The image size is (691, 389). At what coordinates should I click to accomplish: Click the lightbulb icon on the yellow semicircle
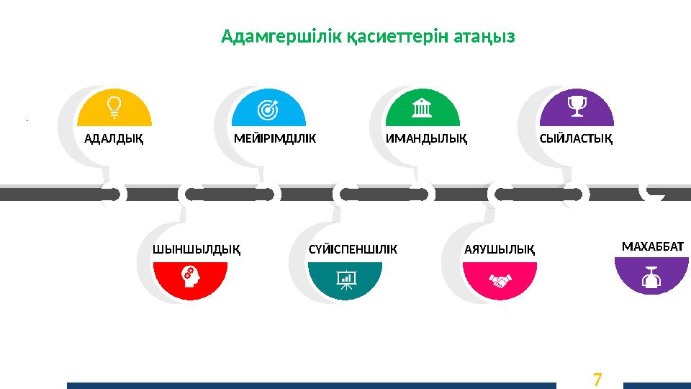point(114,107)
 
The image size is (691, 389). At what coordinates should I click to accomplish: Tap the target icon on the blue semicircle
point(268,109)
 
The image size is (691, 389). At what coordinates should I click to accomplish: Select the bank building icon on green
point(423,108)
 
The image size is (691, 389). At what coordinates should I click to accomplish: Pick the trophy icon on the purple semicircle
point(577,107)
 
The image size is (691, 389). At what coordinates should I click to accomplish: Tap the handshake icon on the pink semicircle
point(500,280)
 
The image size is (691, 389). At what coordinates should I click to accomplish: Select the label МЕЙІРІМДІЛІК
point(276,139)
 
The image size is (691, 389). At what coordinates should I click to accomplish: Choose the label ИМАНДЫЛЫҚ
point(427,139)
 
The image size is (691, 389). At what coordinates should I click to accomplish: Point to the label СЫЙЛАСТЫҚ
point(576,139)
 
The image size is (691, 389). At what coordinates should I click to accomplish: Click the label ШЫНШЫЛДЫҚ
point(197,250)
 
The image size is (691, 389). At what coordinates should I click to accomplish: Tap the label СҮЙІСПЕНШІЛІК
point(353,250)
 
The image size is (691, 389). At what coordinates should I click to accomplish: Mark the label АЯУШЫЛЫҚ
point(500,250)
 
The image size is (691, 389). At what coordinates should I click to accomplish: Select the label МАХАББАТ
point(652,247)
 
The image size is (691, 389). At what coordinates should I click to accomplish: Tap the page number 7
point(597,378)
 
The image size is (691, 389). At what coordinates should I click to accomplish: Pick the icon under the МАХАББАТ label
point(652,277)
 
